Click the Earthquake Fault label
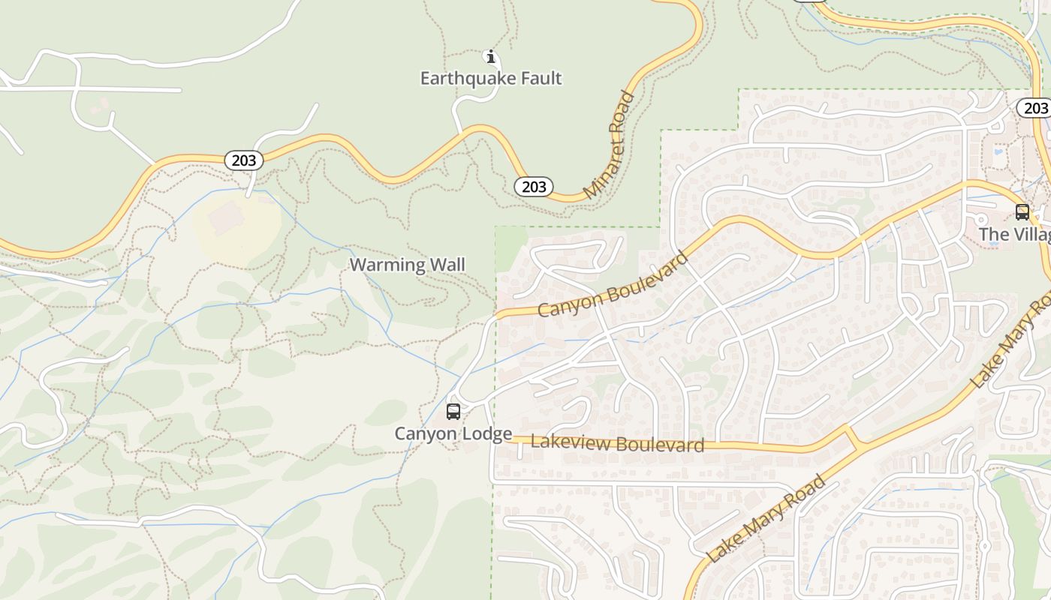click(x=490, y=78)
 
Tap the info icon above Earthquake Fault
click(x=490, y=57)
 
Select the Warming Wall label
click(x=407, y=265)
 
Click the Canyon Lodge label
click(x=453, y=433)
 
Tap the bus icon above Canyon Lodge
click(x=453, y=411)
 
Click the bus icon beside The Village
click(x=1022, y=212)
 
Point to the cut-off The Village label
click(x=1013, y=235)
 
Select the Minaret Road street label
click(x=609, y=145)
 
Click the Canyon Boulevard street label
click(x=613, y=284)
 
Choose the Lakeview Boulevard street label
click(x=617, y=443)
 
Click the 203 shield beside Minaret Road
click(x=534, y=186)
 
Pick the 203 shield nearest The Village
click(x=1035, y=108)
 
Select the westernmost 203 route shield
click(x=243, y=160)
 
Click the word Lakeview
click(x=565, y=442)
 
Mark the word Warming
click(x=378, y=265)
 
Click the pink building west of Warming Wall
click(x=226, y=217)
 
